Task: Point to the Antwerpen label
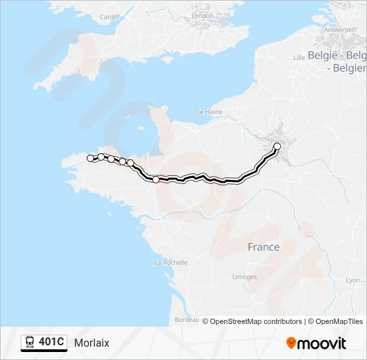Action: click(x=340, y=30)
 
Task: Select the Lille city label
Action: click(x=298, y=57)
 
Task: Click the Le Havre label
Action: click(x=210, y=112)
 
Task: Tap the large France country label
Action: click(x=264, y=247)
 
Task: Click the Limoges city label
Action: click(x=244, y=277)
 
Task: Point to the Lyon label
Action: click(x=353, y=280)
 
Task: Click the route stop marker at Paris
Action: click(x=278, y=146)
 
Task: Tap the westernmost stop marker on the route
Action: click(x=90, y=158)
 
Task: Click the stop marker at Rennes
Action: click(x=156, y=179)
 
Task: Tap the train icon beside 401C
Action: click(x=30, y=343)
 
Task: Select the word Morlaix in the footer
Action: click(x=92, y=343)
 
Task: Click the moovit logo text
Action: click(x=322, y=343)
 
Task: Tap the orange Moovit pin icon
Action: click(x=291, y=343)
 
